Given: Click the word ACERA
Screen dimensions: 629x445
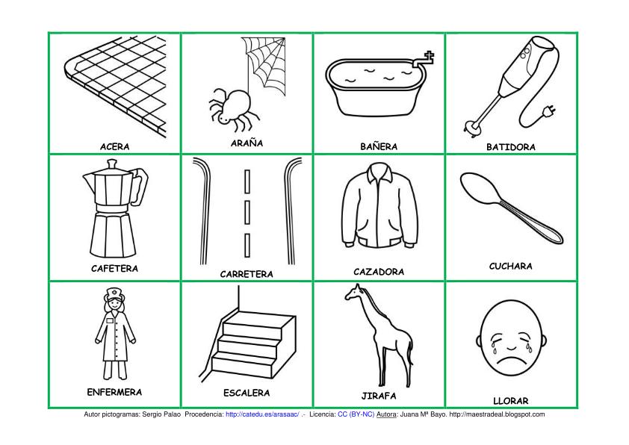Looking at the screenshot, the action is [x=115, y=147].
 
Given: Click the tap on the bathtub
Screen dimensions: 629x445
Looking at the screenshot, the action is [x=424, y=59].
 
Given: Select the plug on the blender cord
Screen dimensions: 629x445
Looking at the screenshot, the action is [x=549, y=111].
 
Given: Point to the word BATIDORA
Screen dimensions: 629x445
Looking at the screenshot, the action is [x=511, y=147].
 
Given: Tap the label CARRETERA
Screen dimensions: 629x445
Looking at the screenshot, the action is [x=247, y=274].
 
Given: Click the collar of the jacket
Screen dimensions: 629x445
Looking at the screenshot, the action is [x=379, y=171].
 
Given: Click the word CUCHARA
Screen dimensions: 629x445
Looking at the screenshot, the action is [x=511, y=267].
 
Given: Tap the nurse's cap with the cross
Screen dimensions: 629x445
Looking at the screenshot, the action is [x=114, y=295].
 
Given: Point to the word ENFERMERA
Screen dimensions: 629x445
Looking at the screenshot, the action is [x=114, y=392].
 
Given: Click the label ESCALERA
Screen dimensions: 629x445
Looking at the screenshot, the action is [x=247, y=393].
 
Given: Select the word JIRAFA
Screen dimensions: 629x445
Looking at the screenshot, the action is [x=379, y=396].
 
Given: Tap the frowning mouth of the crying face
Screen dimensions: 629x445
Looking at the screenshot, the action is [x=510, y=358].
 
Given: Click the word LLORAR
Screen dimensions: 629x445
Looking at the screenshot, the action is [x=511, y=401].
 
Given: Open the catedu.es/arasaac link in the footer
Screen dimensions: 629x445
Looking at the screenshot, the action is [x=262, y=414].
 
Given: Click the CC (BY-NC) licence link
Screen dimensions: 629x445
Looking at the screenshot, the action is [x=356, y=414].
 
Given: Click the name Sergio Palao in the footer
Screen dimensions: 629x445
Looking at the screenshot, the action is [x=161, y=414].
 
